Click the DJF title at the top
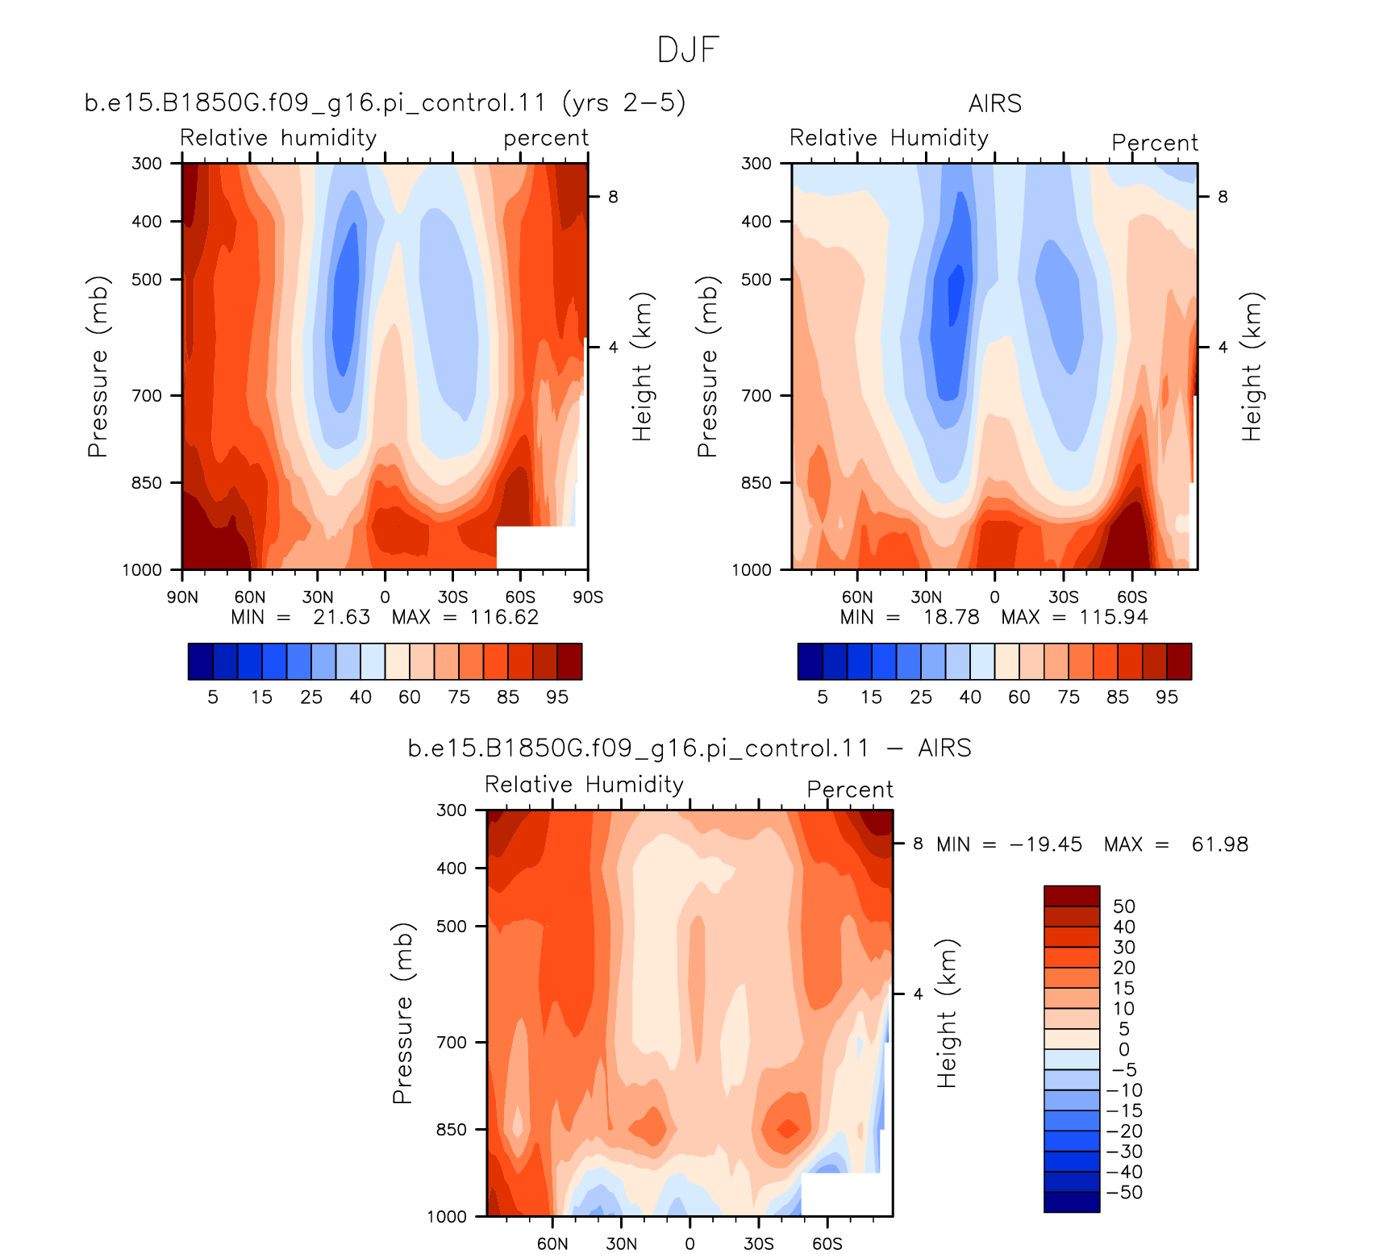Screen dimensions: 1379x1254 [x=688, y=50]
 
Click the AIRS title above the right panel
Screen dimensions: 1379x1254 [x=995, y=104]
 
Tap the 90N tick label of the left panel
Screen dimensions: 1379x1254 [x=182, y=597]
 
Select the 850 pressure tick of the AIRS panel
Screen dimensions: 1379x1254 [x=756, y=482]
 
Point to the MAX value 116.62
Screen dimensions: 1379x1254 [x=504, y=617]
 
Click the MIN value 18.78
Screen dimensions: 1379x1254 [x=952, y=617]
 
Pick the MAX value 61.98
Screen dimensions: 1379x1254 [x=1220, y=844]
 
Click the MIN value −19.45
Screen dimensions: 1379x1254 [x=1046, y=844]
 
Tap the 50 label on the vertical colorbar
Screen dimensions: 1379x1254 [x=1124, y=906]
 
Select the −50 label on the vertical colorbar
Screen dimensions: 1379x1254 [x=1125, y=1193]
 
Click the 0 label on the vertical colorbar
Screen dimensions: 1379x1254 [x=1124, y=1050]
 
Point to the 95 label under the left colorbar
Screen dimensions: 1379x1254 [x=557, y=697]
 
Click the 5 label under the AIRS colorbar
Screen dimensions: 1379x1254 [x=823, y=697]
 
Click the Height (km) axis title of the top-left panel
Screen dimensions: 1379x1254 [x=642, y=367]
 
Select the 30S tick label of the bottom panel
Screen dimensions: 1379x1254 [x=759, y=1244]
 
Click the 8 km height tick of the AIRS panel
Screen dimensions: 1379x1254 [x=1223, y=197]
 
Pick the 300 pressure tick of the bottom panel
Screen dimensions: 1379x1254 [x=452, y=810]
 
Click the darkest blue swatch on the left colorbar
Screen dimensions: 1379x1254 [x=200, y=661]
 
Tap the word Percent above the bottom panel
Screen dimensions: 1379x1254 [x=850, y=789]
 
